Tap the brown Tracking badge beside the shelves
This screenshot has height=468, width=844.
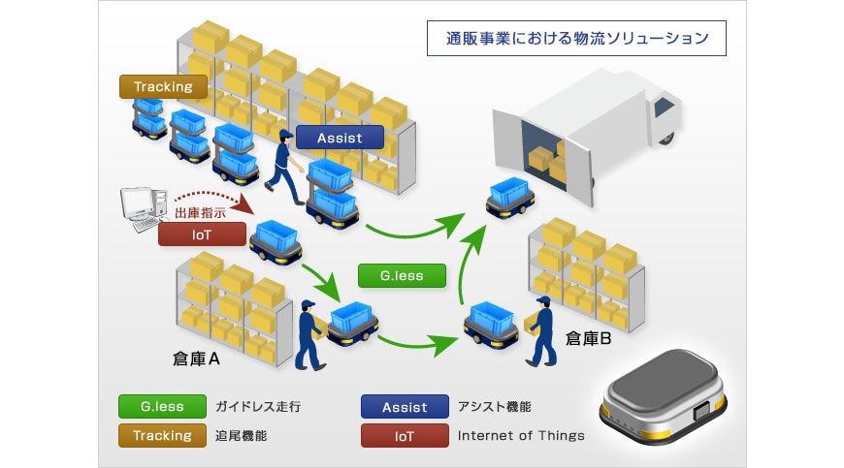[x=164, y=86]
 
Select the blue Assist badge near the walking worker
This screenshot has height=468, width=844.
[x=339, y=138]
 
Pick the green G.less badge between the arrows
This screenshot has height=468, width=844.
[x=402, y=275]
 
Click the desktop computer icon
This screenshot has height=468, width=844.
[x=138, y=204]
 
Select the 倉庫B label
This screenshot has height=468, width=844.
[x=589, y=338]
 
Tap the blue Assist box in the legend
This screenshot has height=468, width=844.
[x=405, y=406]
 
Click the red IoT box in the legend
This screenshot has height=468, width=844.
[x=405, y=435]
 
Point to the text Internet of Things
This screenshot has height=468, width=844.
[x=521, y=436]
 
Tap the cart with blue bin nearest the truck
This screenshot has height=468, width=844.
[x=507, y=198]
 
